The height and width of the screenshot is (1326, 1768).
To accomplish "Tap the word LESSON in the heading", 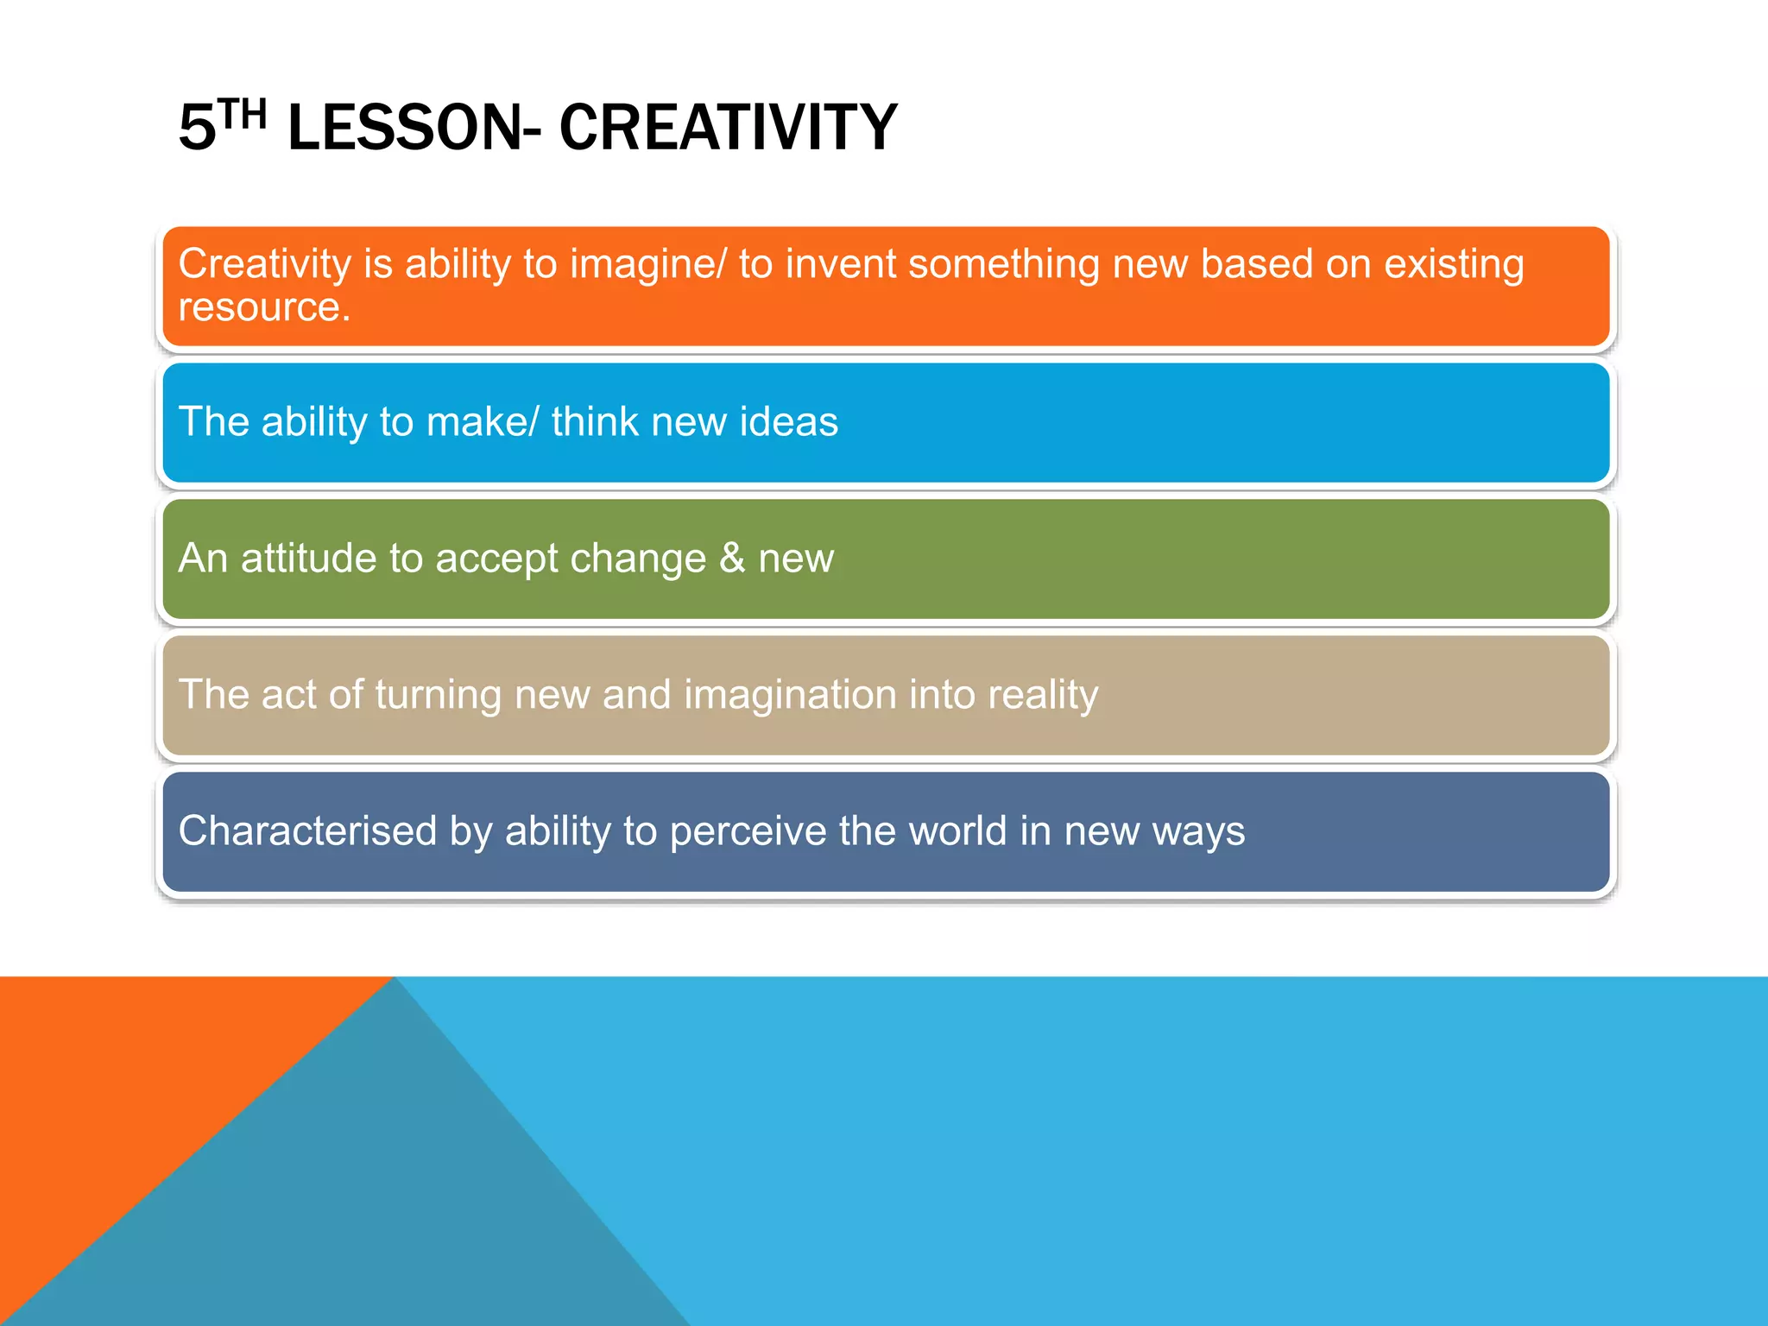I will point(404,128).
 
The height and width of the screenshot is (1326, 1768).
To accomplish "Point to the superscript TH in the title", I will point(241,114).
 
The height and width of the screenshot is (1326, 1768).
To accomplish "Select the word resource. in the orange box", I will point(264,307).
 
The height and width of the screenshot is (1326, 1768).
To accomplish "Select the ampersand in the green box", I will point(732,559).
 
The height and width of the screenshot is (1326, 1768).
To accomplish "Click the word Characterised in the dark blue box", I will point(307,831).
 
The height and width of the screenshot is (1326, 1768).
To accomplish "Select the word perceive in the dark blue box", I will point(748,831).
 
